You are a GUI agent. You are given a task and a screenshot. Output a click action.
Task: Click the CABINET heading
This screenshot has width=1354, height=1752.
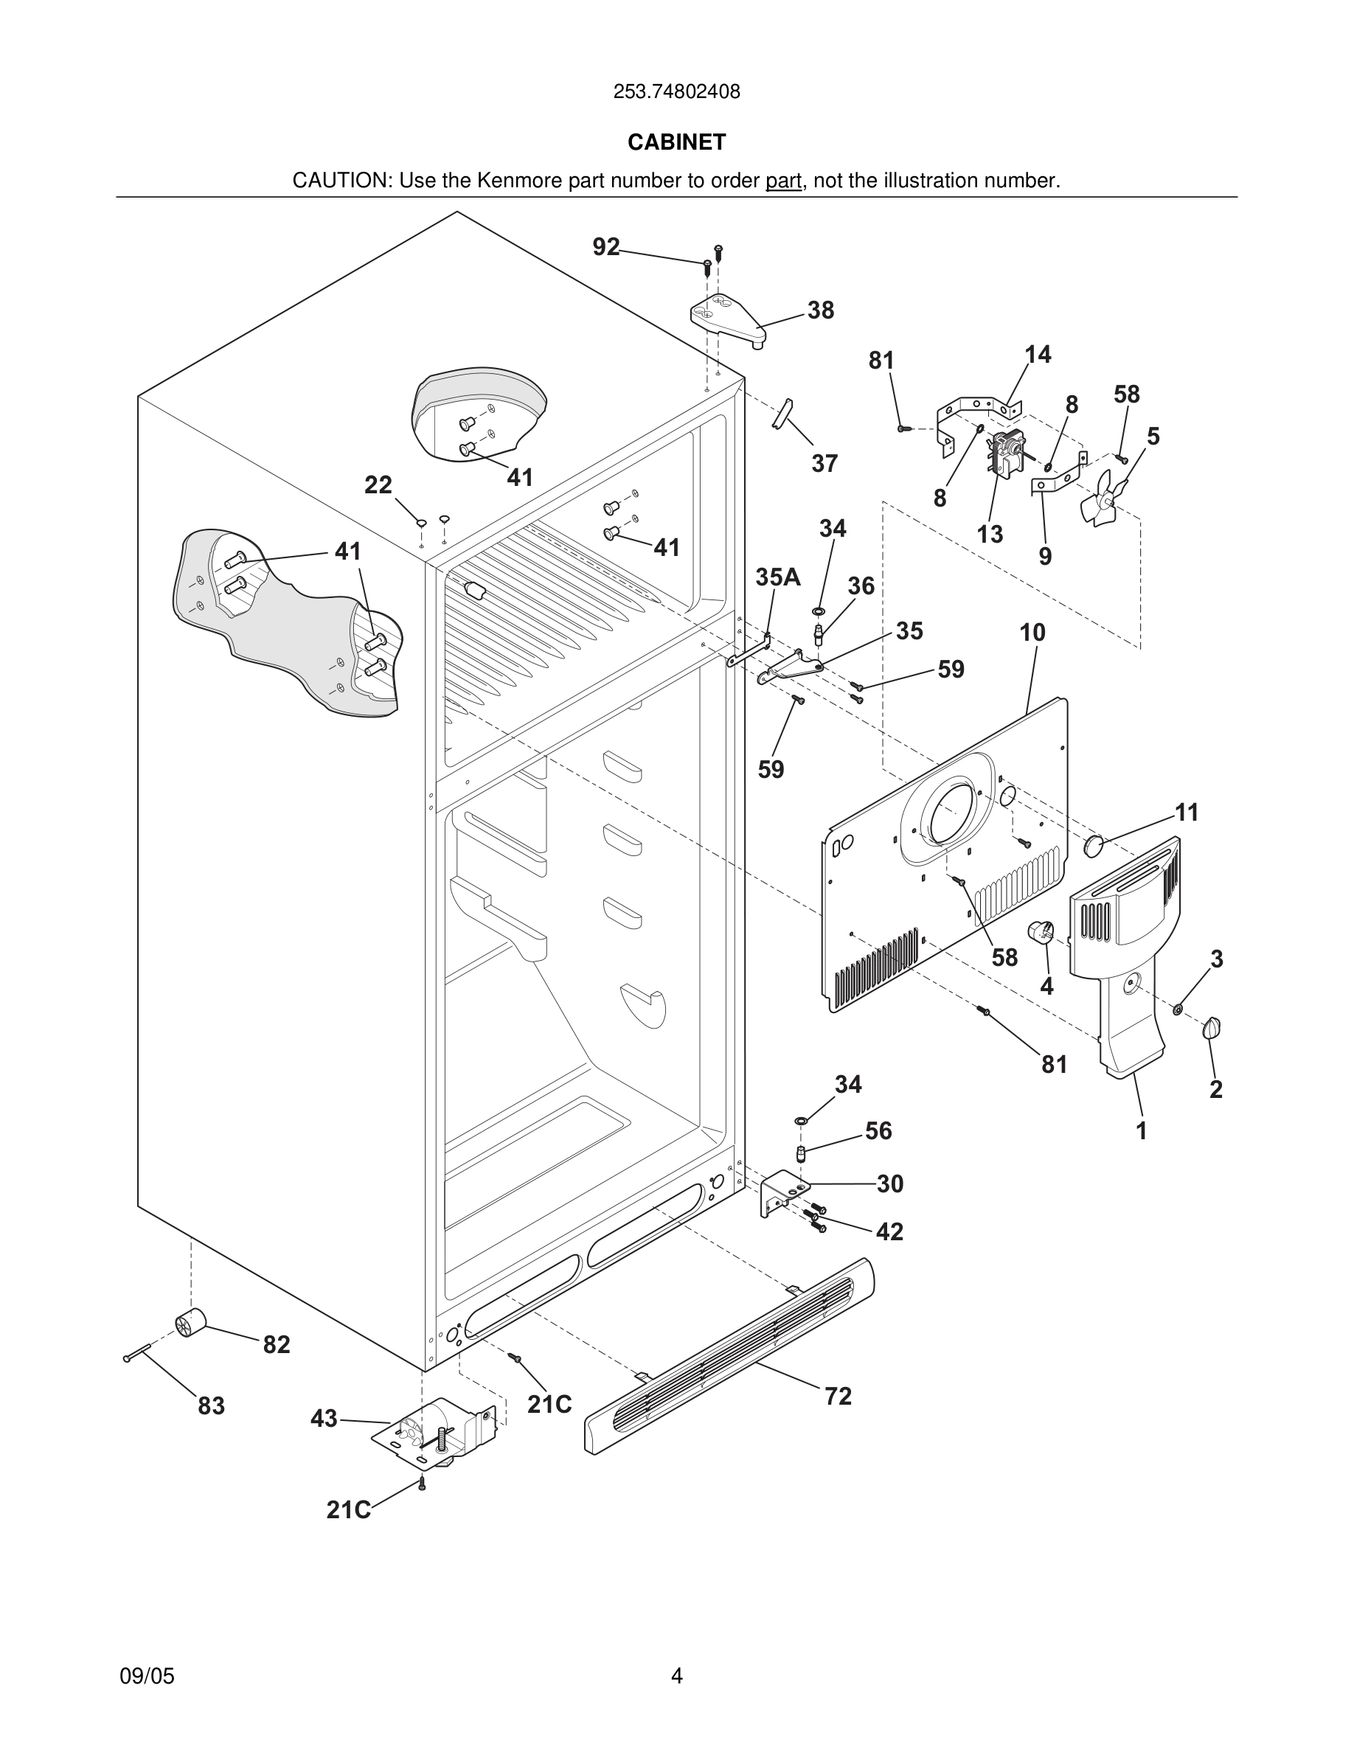tap(676, 142)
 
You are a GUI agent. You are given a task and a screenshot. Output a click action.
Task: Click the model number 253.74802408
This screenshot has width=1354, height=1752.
tap(676, 92)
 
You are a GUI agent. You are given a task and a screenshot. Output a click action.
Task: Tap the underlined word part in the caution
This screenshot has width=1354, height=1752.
tap(783, 181)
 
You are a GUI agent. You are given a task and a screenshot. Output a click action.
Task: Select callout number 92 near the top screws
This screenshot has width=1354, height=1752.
tap(605, 247)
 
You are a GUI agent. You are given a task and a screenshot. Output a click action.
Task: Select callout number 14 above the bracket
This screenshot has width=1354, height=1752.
tap(1037, 355)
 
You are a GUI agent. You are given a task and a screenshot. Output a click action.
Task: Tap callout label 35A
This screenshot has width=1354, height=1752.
tap(777, 577)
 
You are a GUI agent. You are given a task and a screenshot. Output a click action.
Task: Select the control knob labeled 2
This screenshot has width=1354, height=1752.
tap(1212, 1029)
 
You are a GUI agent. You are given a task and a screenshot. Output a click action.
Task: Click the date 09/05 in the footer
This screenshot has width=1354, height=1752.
tap(147, 1676)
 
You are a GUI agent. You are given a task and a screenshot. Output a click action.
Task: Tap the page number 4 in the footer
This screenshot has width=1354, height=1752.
tap(676, 1676)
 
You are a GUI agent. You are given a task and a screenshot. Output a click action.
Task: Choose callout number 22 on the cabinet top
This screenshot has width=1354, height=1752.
tap(378, 484)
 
